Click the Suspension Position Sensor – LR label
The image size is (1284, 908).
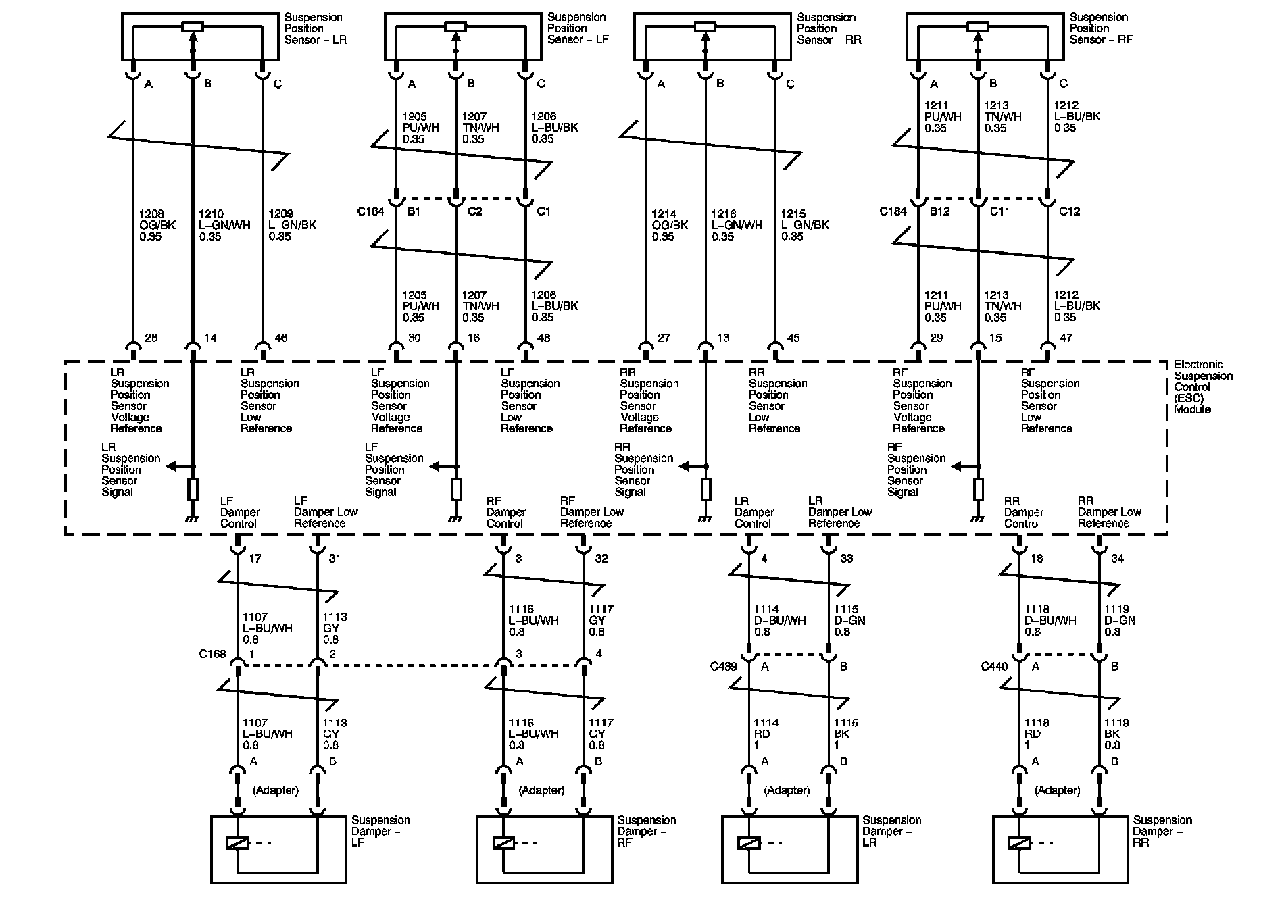click(315, 28)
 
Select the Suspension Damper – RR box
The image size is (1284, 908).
click(1060, 849)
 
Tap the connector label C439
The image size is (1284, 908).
click(723, 667)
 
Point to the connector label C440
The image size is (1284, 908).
click(994, 667)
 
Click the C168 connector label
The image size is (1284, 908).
click(212, 654)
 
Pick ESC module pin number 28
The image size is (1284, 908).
click(151, 338)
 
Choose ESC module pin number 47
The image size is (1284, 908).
click(1066, 338)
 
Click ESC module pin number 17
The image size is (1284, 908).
click(255, 559)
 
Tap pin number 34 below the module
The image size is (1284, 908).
click(1117, 559)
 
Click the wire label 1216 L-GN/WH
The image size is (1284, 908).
click(737, 226)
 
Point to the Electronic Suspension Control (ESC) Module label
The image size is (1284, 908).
click(1203, 387)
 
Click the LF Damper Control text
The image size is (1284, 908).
click(239, 512)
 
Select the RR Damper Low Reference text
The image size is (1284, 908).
click(1109, 512)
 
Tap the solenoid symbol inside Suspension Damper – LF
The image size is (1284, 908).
click(239, 843)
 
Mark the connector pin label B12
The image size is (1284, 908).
click(939, 211)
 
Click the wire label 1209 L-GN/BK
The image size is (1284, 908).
click(292, 226)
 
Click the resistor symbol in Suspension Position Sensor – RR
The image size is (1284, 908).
click(705, 26)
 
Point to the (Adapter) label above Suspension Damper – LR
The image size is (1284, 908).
click(787, 790)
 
